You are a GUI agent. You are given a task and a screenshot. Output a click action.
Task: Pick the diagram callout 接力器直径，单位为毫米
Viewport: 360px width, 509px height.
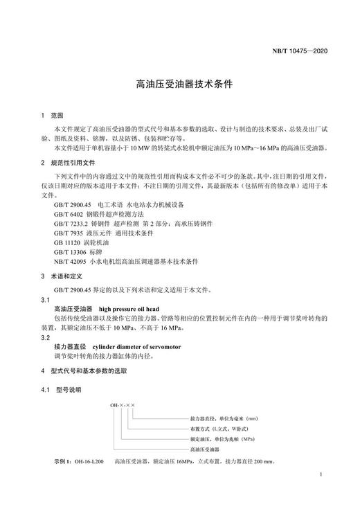[x=224, y=419]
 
